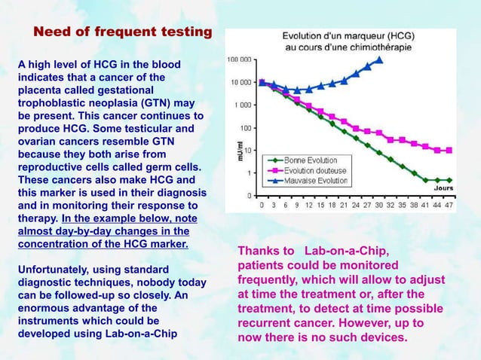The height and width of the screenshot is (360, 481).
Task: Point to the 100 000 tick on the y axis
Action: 240,59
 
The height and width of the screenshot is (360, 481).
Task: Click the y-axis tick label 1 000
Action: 244,105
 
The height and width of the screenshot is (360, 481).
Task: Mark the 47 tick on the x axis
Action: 449,204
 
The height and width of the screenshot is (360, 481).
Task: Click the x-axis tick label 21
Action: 344,204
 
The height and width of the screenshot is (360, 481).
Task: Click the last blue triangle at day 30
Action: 379,59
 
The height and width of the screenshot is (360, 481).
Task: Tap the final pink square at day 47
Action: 449,150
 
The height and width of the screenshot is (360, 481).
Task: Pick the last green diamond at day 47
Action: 449,180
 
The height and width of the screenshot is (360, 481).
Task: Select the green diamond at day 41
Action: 425,180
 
